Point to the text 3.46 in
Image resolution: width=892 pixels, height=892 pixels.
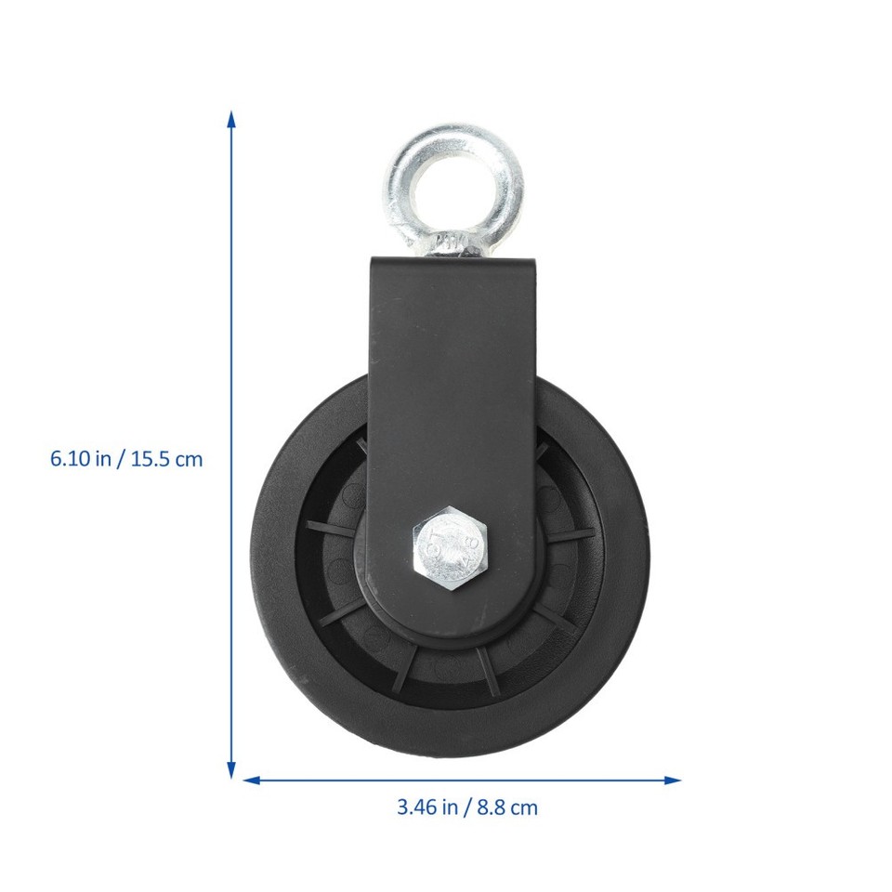point(426,807)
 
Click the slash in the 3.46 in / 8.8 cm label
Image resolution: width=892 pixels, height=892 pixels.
point(469,807)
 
